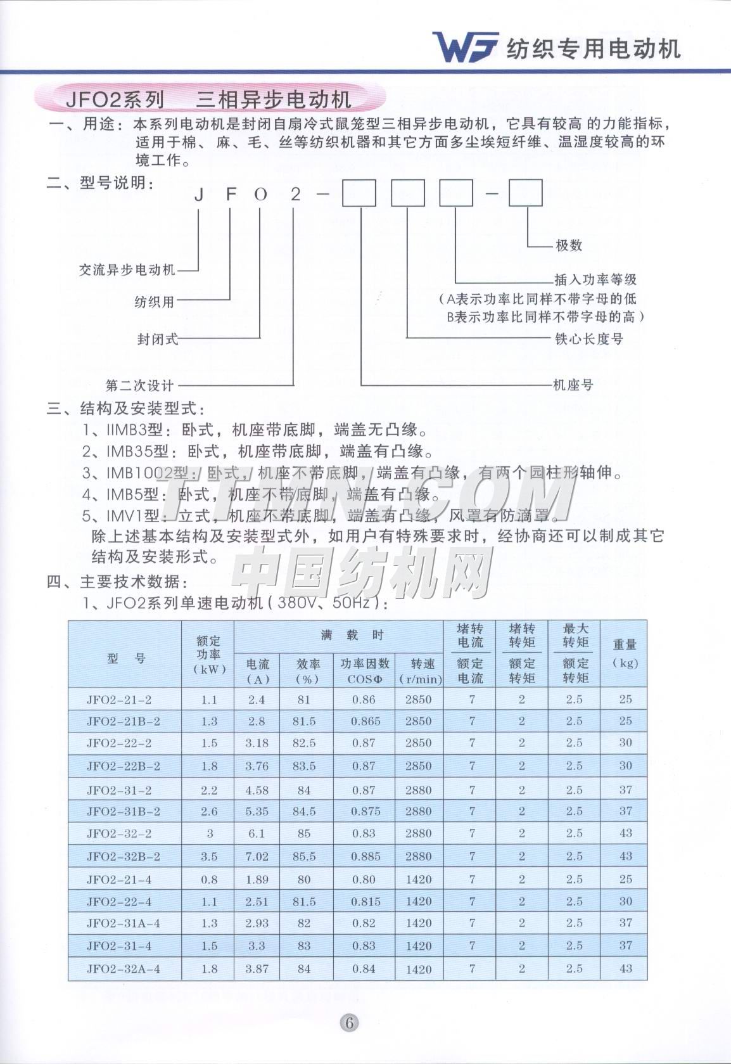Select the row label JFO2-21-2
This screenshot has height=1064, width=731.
(119, 700)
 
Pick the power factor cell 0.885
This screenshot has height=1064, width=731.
(364, 856)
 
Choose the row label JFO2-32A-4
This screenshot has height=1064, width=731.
(123, 969)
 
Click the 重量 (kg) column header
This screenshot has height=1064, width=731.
(624, 653)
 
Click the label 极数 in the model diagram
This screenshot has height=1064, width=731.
(569, 245)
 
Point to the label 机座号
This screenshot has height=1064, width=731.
(573, 385)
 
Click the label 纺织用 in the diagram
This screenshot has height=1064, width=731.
(154, 302)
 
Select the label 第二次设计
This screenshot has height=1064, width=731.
(140, 385)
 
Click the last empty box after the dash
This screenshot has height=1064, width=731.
(526, 193)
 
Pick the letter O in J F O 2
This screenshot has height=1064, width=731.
(261, 195)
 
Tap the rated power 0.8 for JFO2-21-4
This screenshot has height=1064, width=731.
(209, 879)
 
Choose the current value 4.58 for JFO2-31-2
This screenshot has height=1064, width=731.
(257, 790)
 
